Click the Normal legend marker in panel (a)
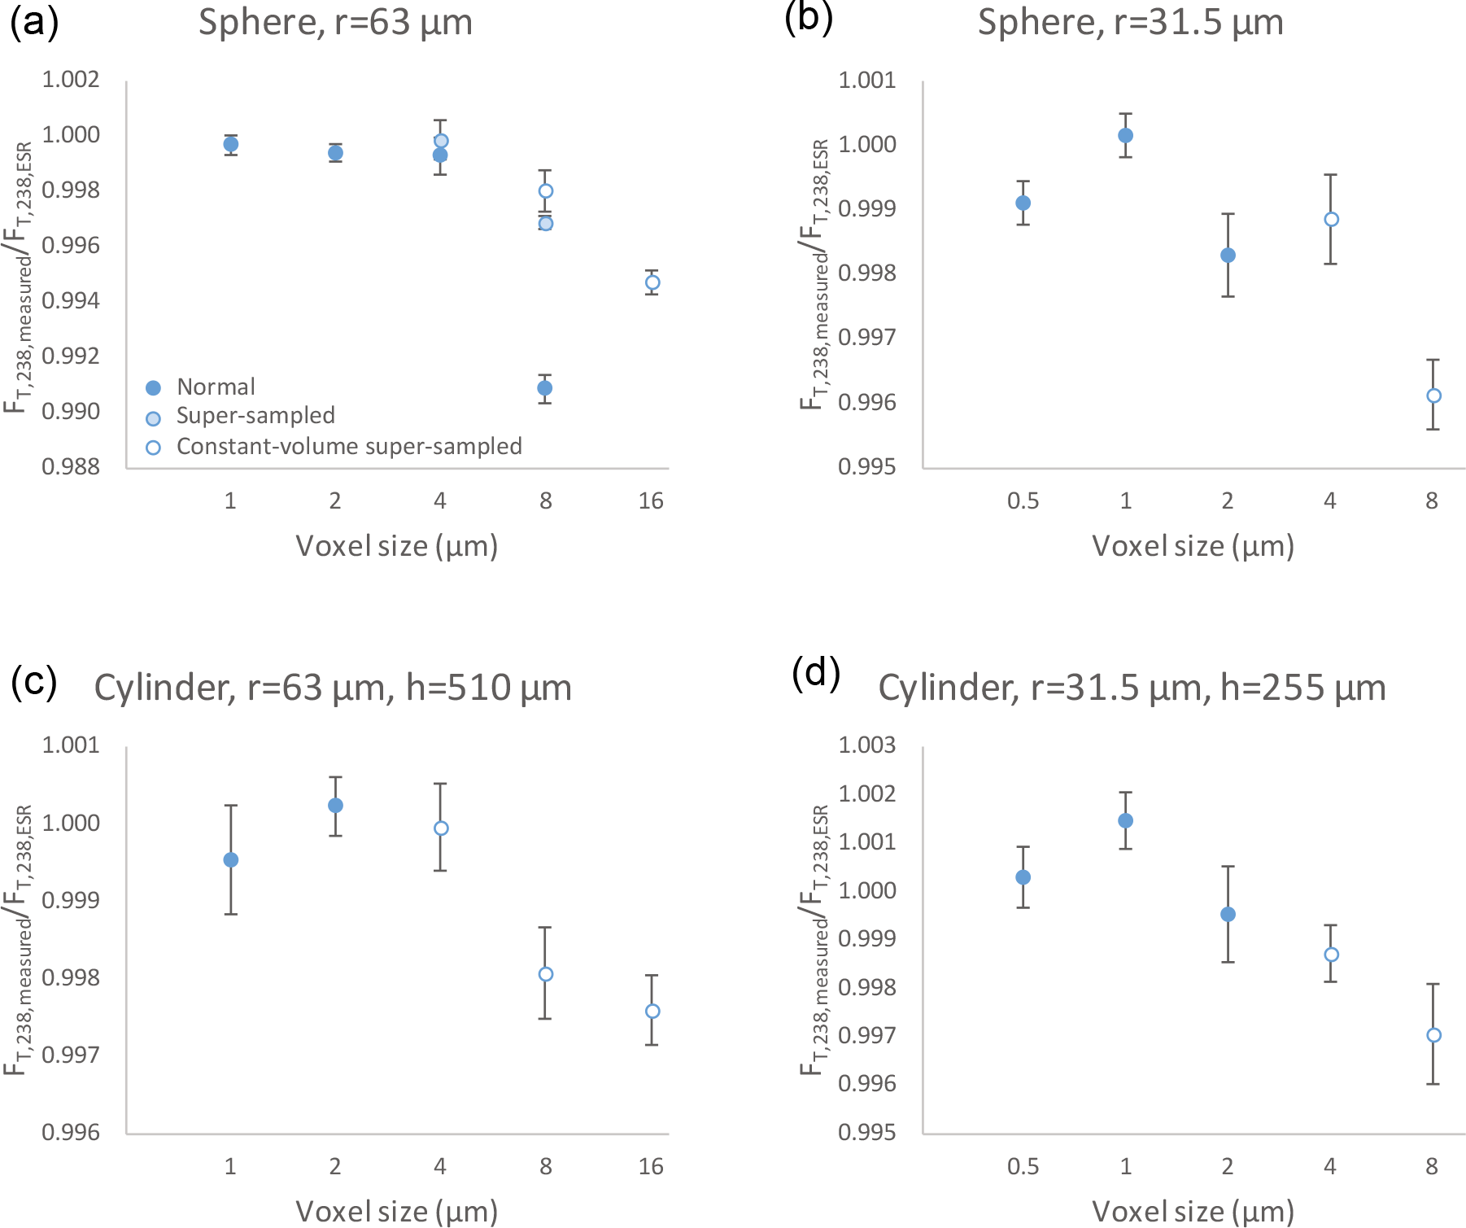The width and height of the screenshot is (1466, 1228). tap(153, 387)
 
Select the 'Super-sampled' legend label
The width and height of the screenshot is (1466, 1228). tap(255, 416)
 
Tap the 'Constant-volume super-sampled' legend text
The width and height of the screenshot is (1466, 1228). tap(349, 447)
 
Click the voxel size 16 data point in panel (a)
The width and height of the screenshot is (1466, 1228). tap(652, 282)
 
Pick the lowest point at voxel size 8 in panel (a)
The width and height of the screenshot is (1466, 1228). tap(545, 388)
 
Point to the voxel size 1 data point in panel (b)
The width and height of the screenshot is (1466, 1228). tap(1125, 135)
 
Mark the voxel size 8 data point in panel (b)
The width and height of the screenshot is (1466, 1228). tap(1433, 395)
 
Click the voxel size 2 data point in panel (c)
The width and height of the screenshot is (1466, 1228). tap(335, 806)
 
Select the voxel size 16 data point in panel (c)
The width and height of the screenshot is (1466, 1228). tap(652, 1011)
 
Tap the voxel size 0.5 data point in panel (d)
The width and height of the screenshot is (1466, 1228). tap(1023, 877)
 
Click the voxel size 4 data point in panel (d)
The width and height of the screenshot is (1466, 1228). tap(1331, 955)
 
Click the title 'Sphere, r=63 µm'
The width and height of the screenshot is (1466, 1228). tap(335, 23)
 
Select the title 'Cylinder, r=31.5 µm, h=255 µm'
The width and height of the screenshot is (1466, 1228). tap(1132, 688)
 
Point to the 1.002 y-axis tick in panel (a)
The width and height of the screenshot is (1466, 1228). tap(71, 80)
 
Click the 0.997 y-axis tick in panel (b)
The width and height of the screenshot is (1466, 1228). tap(867, 337)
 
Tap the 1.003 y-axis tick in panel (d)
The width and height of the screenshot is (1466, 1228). tap(867, 745)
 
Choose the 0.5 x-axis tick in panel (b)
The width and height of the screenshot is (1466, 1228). tap(1023, 501)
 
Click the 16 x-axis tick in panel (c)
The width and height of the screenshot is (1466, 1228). tap(651, 1167)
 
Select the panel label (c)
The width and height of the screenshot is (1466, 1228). tap(34, 682)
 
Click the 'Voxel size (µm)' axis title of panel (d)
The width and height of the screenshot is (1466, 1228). tap(1193, 1212)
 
